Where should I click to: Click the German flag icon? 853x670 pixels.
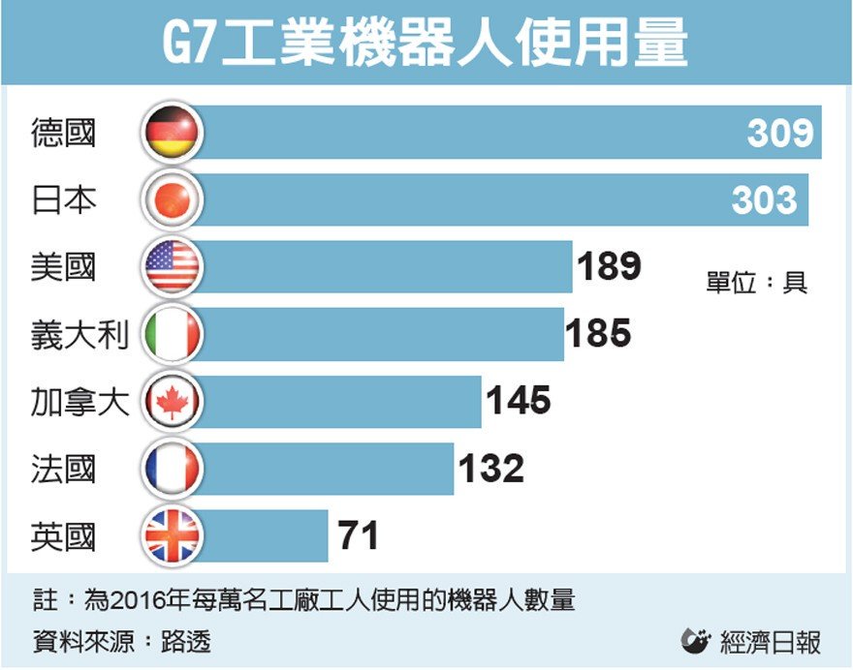click(172, 133)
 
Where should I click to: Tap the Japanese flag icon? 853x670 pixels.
click(172, 200)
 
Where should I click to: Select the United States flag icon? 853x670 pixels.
click(172, 267)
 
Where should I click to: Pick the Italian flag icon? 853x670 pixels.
click(172, 335)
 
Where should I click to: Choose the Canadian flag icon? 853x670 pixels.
click(172, 401)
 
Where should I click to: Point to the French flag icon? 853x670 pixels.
click(172, 469)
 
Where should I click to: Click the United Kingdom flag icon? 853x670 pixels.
click(172, 535)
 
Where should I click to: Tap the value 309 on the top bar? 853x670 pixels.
click(780, 133)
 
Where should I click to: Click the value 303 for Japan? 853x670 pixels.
click(765, 200)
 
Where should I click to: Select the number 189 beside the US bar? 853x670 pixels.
click(609, 266)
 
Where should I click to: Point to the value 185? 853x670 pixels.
click(598, 334)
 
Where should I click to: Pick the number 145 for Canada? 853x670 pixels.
click(518, 401)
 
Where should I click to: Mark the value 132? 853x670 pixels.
click(490, 469)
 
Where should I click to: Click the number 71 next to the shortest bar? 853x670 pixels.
click(358, 535)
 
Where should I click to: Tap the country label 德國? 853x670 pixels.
click(64, 133)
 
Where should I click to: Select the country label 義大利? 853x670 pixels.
click(80, 335)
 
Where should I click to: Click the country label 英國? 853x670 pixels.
click(64, 535)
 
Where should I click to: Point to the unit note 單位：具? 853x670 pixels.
click(756, 284)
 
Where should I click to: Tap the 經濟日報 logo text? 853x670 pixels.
click(771, 641)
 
